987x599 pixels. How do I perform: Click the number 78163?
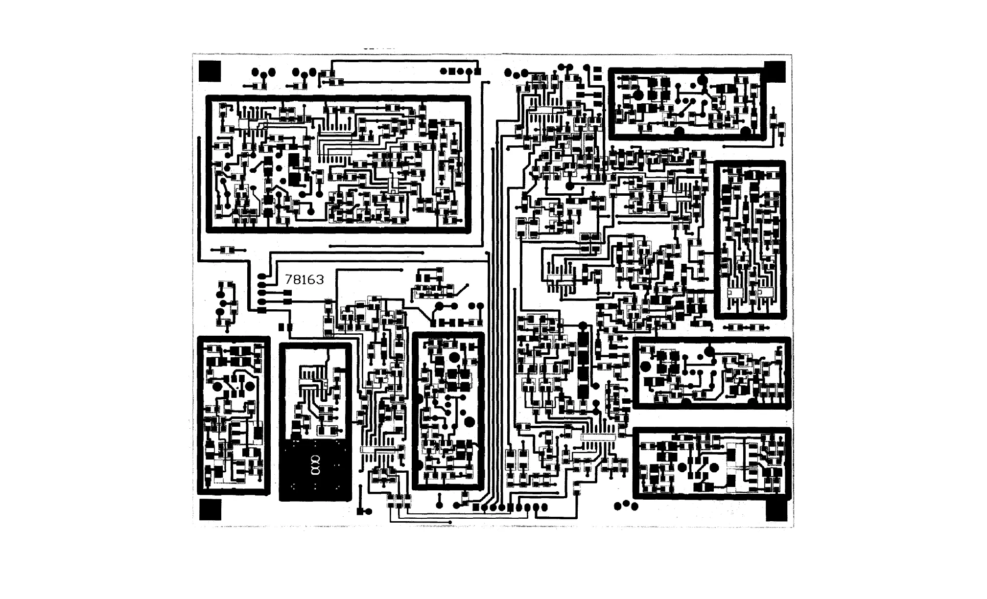[x=304, y=280]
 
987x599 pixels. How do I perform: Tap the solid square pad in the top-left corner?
[x=210, y=71]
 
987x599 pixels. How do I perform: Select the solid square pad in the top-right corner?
[x=775, y=71]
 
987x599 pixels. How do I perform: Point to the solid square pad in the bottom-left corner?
[x=210, y=509]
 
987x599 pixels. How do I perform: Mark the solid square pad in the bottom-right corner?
[x=776, y=511]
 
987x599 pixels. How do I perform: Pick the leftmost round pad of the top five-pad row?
[x=443, y=71]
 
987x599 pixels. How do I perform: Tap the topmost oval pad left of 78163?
[x=262, y=277]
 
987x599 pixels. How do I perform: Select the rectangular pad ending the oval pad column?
[x=262, y=310]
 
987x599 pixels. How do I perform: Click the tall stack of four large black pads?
[x=583, y=365]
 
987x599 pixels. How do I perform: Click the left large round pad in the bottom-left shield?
[x=217, y=386]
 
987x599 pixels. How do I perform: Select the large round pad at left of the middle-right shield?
[x=646, y=366]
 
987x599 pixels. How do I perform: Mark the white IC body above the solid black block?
[x=311, y=388]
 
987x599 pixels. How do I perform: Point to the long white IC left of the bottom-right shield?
[x=598, y=438]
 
